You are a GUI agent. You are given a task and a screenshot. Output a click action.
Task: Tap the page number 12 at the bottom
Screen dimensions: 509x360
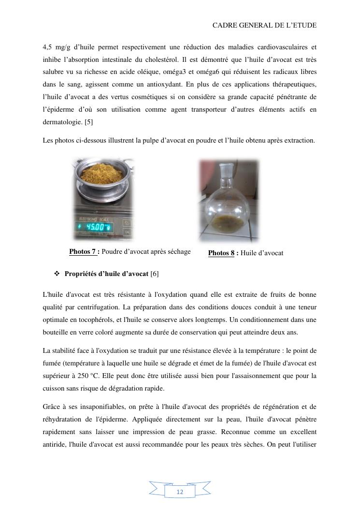(180, 492)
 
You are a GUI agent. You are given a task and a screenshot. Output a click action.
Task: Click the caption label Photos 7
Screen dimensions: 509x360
(84, 251)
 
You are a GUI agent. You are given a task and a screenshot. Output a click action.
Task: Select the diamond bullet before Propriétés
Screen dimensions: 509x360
(56, 274)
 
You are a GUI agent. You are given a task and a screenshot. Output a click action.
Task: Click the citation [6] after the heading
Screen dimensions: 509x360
(155, 274)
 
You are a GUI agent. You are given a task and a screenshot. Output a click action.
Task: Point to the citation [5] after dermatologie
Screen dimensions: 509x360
(89, 122)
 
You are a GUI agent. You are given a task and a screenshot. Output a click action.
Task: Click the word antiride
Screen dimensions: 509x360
(54, 444)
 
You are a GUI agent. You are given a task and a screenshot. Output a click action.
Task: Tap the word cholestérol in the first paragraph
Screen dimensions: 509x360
(225, 59)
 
